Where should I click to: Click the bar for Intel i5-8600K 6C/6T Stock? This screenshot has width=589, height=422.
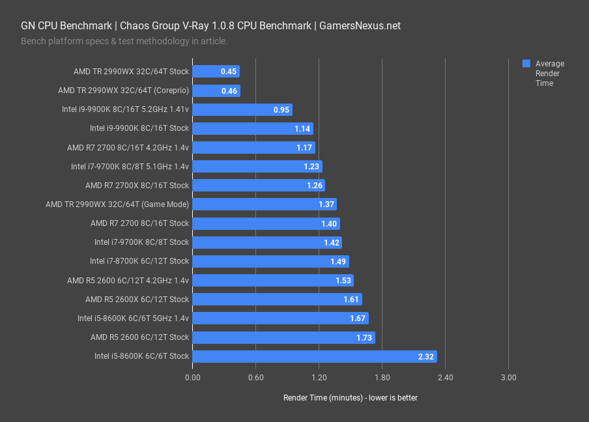coord(315,356)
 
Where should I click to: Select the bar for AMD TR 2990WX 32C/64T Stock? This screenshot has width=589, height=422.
coord(216,72)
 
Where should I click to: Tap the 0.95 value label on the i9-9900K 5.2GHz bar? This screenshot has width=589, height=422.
coord(281,109)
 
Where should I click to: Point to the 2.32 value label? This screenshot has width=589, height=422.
coord(426,356)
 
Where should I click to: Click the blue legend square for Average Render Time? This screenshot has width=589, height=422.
coord(526,64)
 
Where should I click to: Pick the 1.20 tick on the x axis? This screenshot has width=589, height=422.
coord(319,378)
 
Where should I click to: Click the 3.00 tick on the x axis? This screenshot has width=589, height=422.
coord(508,378)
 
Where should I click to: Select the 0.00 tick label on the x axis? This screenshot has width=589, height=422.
coord(193,378)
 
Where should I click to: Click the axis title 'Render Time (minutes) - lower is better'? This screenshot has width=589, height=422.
coord(351,397)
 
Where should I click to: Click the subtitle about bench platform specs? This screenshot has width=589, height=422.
coord(124,41)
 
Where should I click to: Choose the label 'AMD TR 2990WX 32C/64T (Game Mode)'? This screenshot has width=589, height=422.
coord(117,204)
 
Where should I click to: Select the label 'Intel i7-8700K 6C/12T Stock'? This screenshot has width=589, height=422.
coord(139,261)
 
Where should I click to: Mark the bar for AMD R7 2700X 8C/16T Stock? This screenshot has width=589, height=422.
coord(259,186)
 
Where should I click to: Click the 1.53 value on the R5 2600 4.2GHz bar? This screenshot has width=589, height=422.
coord(343,280)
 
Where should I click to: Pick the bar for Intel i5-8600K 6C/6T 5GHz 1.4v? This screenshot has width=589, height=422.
coord(281,318)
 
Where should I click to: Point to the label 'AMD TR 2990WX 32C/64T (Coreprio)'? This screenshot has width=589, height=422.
coord(123,91)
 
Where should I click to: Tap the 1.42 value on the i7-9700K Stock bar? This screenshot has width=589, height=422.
coord(331,242)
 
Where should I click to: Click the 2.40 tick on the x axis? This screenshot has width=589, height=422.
coord(445,378)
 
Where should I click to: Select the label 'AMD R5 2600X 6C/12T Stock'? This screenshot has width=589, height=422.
coord(137,300)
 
